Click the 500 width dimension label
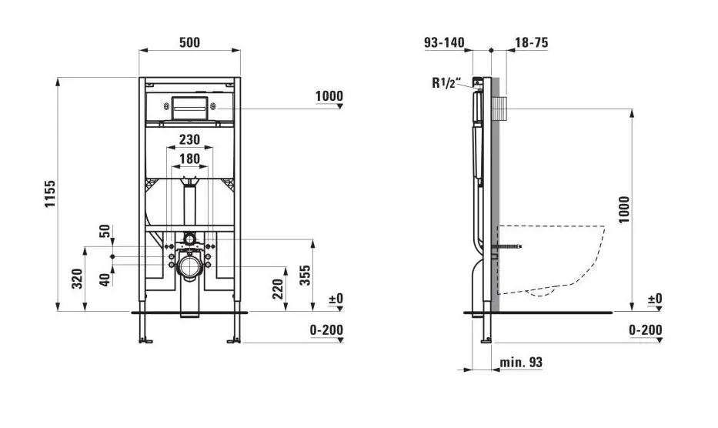pyautogui.click(x=189, y=42)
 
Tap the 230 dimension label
pyautogui.click(x=189, y=139)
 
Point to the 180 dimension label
pyautogui.click(x=189, y=159)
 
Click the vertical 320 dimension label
pyautogui.click(x=77, y=279)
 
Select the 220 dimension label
pyautogui.click(x=278, y=288)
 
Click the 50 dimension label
pyautogui.click(x=105, y=232)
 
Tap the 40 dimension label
pyautogui.click(x=105, y=279)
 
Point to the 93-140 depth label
pyautogui.click(x=445, y=42)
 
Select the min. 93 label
pyautogui.click(x=520, y=361)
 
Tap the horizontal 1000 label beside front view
pyautogui.click(x=329, y=96)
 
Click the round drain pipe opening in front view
pyautogui.click(x=189, y=266)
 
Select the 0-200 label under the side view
pyautogui.click(x=645, y=329)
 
